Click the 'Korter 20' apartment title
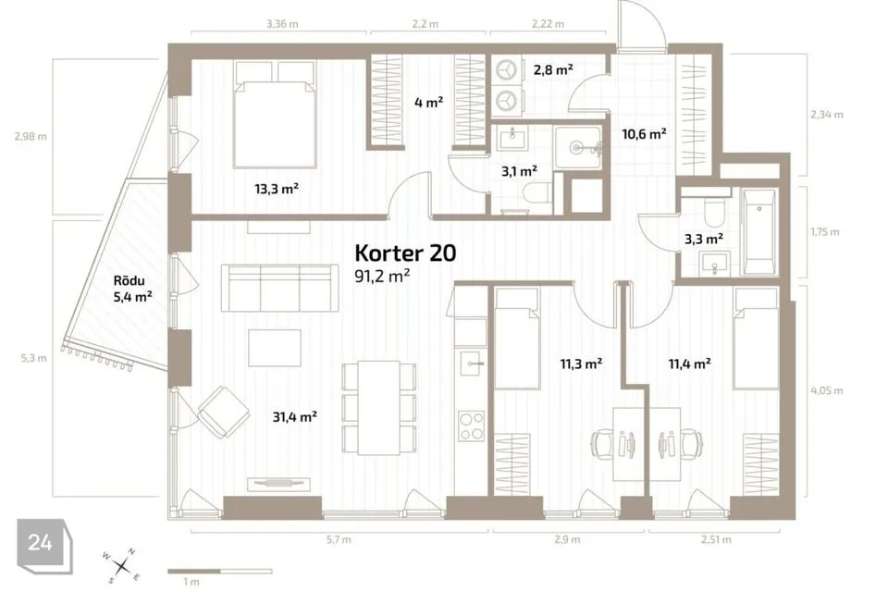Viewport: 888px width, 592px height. pyautogui.click(x=405, y=253)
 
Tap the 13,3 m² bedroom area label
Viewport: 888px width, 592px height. pyautogui.click(x=277, y=189)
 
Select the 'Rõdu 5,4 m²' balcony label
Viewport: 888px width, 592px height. pyautogui.click(x=132, y=289)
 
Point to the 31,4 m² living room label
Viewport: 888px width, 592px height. pyautogui.click(x=294, y=417)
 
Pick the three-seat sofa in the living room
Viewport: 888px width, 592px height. pyautogui.click(x=279, y=288)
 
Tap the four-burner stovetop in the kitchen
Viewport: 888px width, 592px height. pyautogui.click(x=472, y=426)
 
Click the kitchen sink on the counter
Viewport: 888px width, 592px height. pyautogui.click(x=472, y=363)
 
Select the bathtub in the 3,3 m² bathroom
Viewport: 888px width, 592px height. pyautogui.click(x=758, y=231)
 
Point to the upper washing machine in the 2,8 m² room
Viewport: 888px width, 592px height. pyautogui.click(x=507, y=71)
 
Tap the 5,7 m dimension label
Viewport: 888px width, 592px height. pyautogui.click(x=339, y=540)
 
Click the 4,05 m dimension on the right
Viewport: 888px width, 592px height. pyautogui.click(x=827, y=390)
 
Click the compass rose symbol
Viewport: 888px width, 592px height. pyautogui.click(x=121, y=565)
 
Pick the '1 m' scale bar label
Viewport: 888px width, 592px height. pyautogui.click(x=191, y=581)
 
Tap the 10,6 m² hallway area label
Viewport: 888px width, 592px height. pyautogui.click(x=644, y=134)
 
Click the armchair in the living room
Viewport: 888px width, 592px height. pyautogui.click(x=223, y=412)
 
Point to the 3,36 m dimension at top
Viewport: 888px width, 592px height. pyautogui.click(x=282, y=24)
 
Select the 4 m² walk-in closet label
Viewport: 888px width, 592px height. pyautogui.click(x=428, y=103)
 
